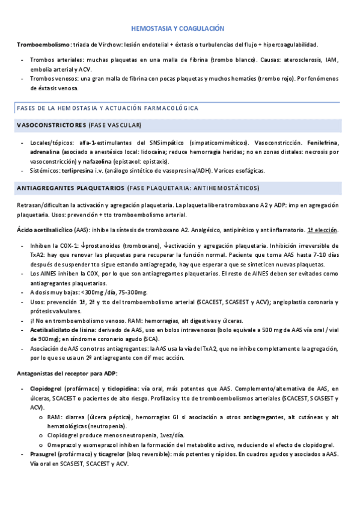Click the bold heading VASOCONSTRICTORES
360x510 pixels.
coord(52,125)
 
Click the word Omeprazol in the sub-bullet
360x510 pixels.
coord(61,444)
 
